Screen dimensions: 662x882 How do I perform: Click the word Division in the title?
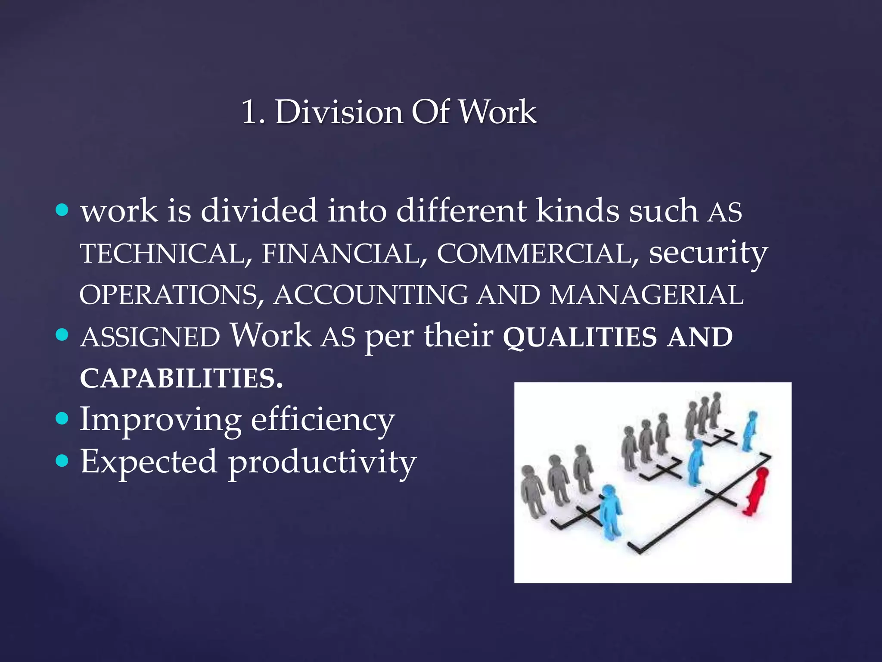(x=339, y=112)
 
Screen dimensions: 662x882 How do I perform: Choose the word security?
(x=708, y=253)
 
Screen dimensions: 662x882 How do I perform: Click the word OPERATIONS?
(x=172, y=295)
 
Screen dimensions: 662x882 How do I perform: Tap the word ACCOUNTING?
(x=371, y=295)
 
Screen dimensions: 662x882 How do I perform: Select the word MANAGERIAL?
(x=646, y=295)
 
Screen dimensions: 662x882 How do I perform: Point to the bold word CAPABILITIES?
(x=181, y=379)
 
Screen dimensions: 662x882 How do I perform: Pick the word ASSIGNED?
(x=150, y=337)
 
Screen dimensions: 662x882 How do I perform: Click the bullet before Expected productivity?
(x=62, y=460)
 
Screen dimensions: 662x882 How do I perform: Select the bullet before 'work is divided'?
(x=62, y=210)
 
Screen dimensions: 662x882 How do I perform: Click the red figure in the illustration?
(x=757, y=491)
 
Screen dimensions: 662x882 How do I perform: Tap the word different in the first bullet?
(x=461, y=211)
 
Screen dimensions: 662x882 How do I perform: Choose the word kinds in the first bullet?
(x=577, y=211)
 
